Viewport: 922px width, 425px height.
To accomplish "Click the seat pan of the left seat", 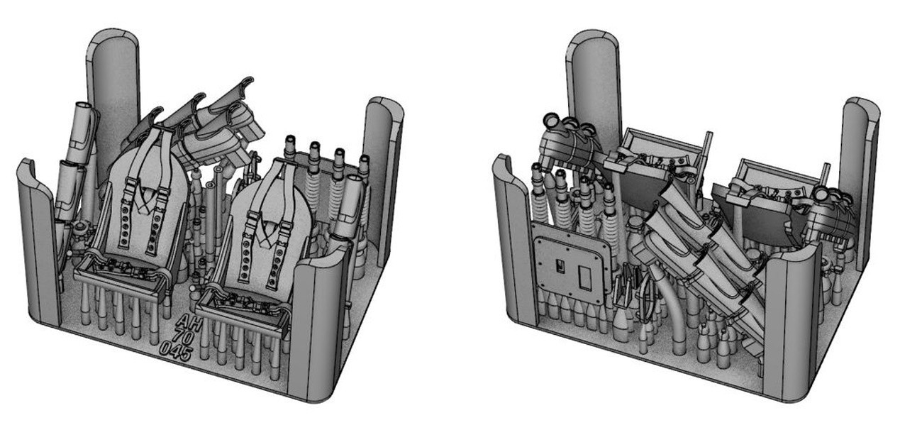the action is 123,274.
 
